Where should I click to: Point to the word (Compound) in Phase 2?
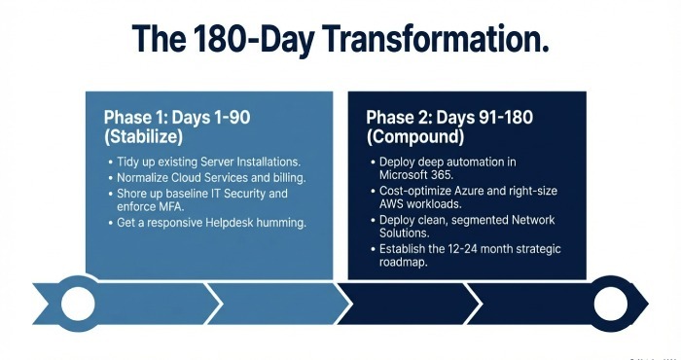[x=411, y=137]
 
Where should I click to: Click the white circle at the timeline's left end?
[x=78, y=304]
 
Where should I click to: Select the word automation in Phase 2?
[x=477, y=160]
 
